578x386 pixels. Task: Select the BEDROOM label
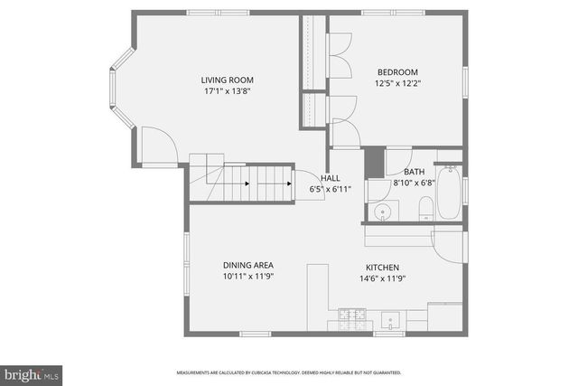tap(397, 72)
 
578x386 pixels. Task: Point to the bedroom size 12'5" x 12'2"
tap(397, 83)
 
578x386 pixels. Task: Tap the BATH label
tap(415, 172)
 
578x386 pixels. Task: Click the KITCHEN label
tap(382, 268)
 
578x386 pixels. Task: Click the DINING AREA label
tap(248, 266)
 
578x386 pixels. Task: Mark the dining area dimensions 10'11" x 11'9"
tap(248, 277)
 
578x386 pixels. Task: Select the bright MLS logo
tap(32, 372)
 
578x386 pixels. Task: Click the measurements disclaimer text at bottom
tap(289, 372)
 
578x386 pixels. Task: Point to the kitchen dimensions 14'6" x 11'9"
tap(382, 278)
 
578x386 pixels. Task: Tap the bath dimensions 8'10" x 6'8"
tap(415, 183)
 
